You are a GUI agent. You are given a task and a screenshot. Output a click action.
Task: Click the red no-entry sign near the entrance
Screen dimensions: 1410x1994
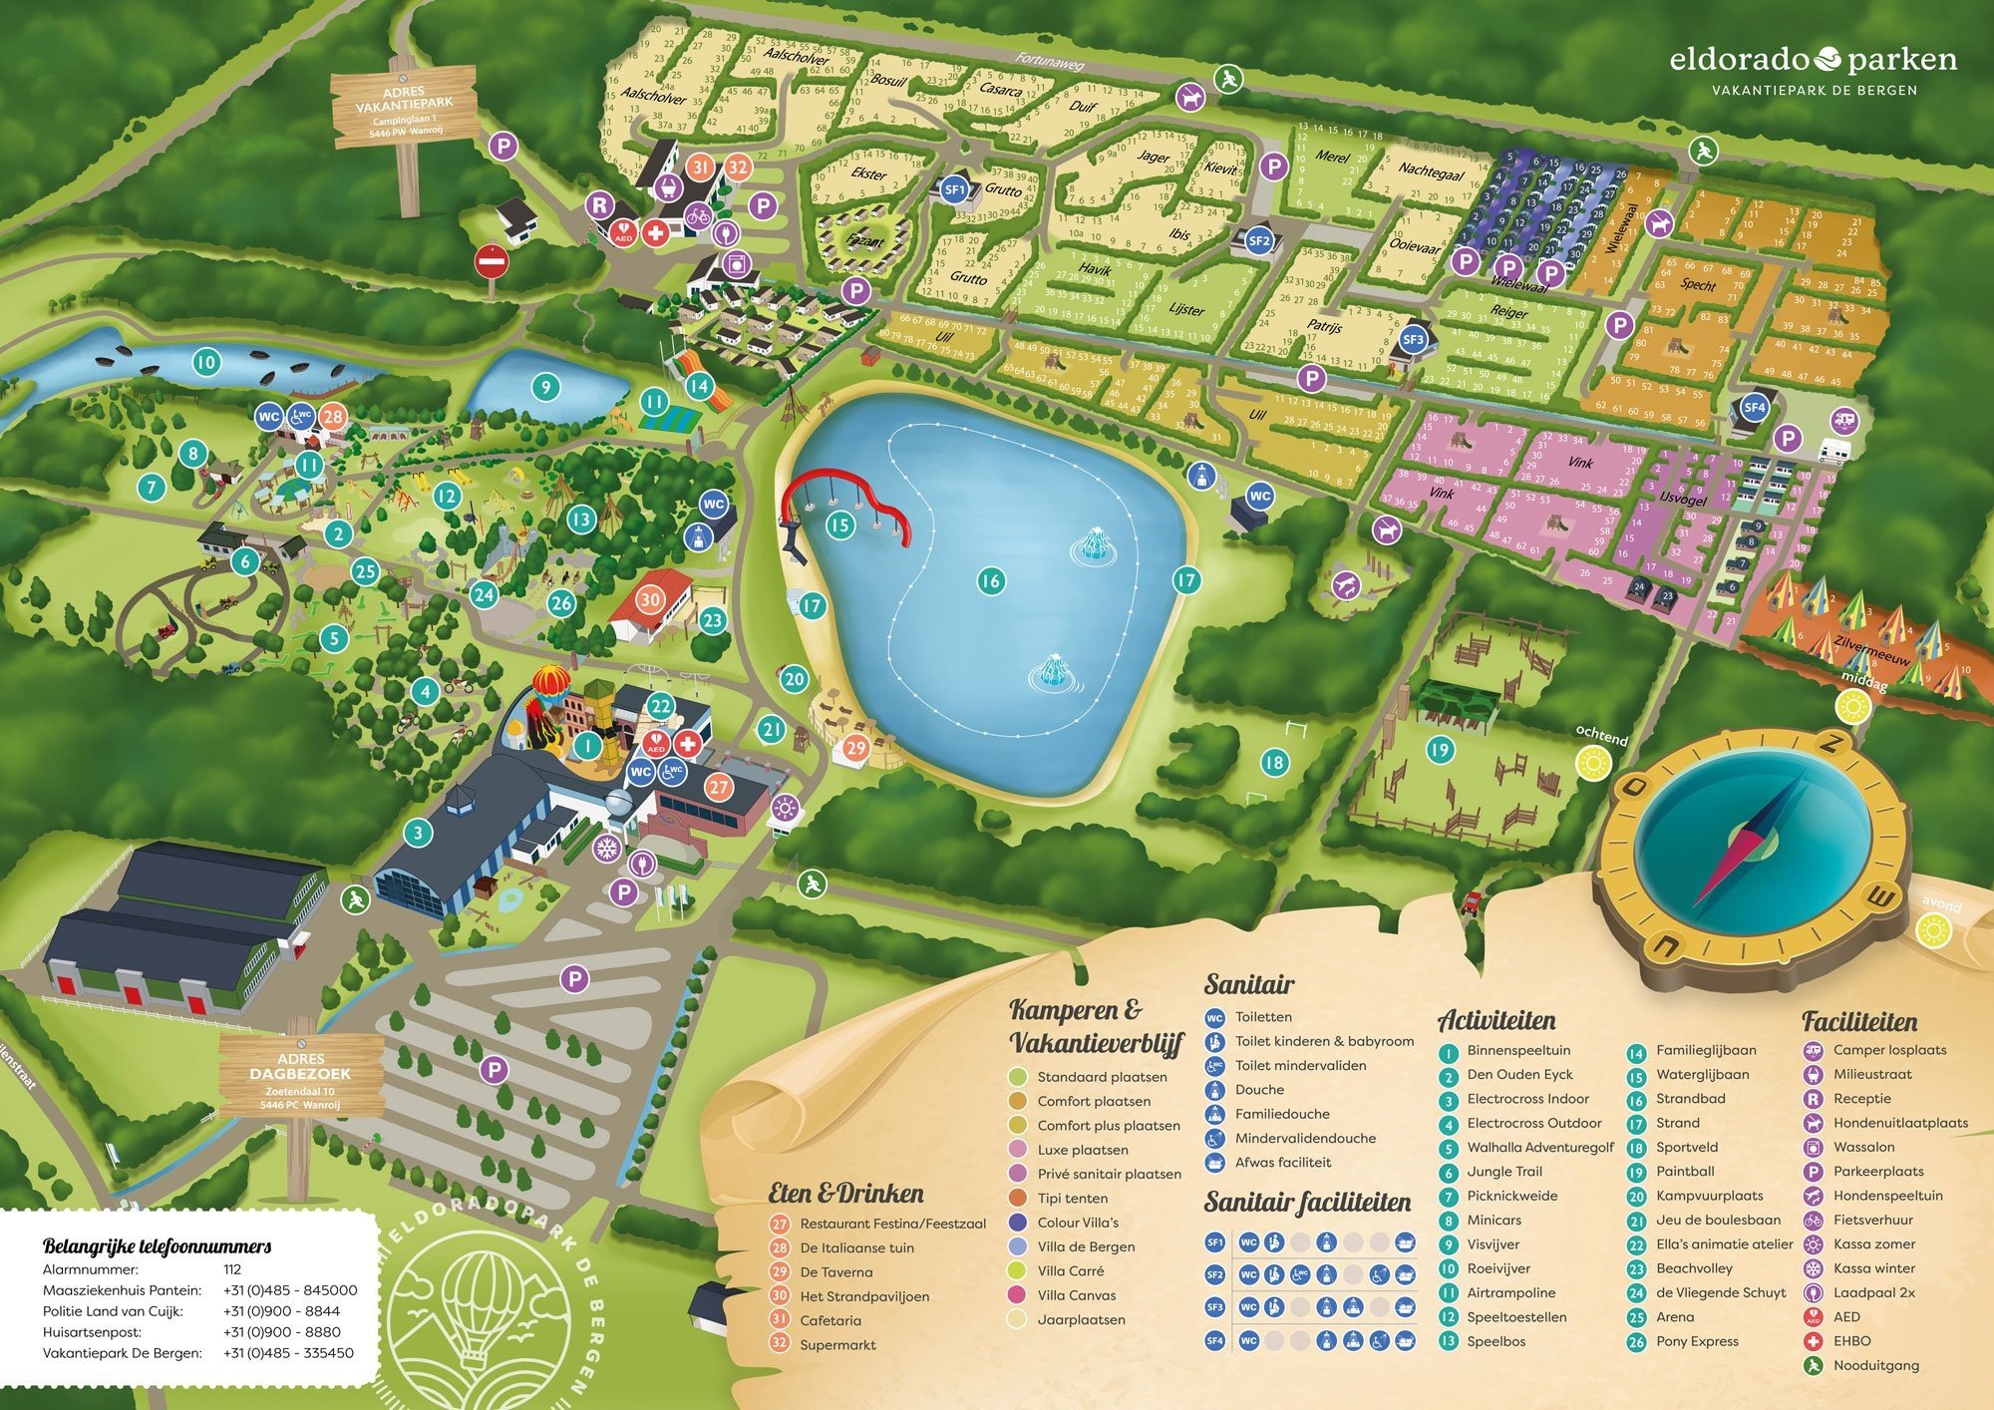[492, 263]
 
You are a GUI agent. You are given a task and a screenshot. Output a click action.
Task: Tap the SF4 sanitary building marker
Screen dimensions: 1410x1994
[1754, 407]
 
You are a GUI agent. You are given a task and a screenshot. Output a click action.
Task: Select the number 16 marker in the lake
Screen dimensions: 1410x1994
[989, 580]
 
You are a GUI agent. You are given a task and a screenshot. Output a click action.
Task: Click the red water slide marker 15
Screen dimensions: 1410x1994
[840, 525]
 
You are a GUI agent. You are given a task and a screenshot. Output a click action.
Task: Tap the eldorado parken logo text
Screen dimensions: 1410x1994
[1813, 61]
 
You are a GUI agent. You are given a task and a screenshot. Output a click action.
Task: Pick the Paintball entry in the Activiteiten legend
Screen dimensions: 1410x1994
[1685, 1172]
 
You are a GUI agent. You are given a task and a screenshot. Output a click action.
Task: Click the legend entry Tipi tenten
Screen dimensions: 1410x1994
[1072, 1198]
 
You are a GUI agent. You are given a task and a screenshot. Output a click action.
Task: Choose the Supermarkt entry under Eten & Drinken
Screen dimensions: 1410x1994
[837, 1344]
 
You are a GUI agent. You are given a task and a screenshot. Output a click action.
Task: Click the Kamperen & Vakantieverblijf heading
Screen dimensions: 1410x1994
[1095, 1025]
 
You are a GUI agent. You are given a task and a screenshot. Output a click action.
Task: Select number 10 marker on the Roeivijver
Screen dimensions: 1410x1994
[205, 362]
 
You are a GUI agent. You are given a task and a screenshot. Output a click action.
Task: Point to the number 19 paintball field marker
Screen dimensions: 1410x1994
[1438, 750]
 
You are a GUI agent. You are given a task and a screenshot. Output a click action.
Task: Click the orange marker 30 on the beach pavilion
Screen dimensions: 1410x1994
[650, 599]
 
